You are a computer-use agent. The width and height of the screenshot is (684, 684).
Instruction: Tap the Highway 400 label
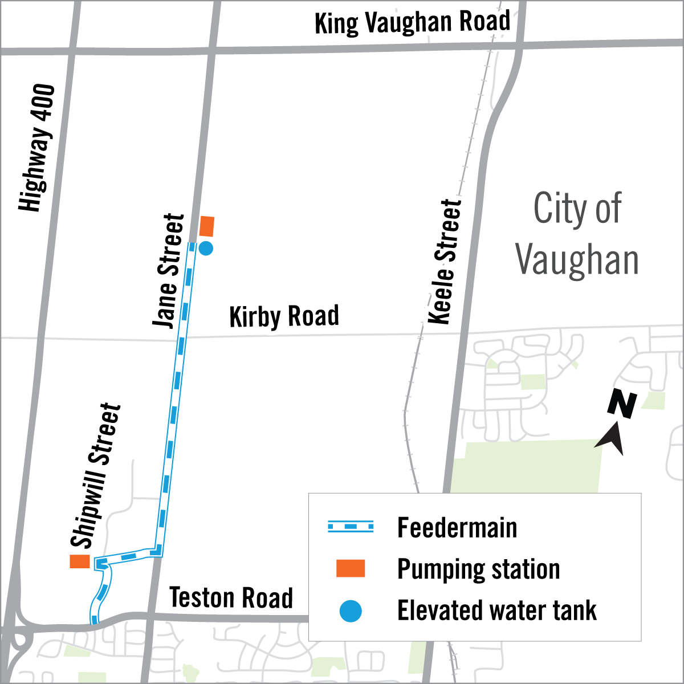(38, 148)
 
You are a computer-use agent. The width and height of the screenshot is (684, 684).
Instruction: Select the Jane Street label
(169, 271)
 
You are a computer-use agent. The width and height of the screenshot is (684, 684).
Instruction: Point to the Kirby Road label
(284, 316)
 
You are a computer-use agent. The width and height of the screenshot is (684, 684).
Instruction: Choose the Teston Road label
(231, 598)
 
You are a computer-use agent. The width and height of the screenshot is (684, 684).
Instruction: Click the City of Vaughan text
(577, 235)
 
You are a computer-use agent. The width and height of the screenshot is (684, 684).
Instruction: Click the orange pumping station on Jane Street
(206, 226)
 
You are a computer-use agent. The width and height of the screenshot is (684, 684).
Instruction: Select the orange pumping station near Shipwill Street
(80, 561)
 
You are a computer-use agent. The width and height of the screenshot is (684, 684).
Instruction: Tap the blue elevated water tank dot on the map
(206, 249)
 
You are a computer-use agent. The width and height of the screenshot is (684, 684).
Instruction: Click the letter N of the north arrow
(622, 405)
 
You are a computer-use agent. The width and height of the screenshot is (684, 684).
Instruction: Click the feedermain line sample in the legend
(351, 527)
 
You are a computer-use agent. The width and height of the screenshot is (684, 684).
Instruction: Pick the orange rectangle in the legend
(351, 569)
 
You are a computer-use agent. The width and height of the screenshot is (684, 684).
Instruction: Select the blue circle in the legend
(351, 611)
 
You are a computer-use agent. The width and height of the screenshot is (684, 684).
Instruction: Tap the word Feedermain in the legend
(457, 528)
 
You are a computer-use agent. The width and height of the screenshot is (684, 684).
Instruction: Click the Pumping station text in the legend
(478, 569)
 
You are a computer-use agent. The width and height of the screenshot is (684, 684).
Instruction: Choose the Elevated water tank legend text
(496, 611)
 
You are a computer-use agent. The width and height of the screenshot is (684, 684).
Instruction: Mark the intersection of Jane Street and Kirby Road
(181, 337)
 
